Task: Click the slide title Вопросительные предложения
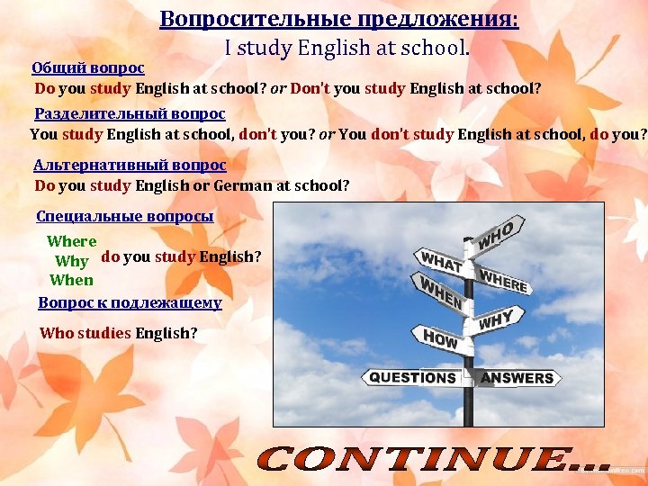339,20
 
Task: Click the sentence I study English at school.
346,49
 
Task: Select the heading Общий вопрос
88,68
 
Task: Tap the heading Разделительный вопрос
130,114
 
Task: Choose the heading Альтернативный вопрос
130,166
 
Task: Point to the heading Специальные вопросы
125,217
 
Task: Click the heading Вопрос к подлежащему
130,303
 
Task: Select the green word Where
71,241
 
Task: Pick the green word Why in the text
71,262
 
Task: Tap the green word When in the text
71,280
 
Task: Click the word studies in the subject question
104,333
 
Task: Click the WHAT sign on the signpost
441,261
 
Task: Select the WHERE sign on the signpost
503,279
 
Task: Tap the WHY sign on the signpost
496,319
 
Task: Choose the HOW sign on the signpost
440,339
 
